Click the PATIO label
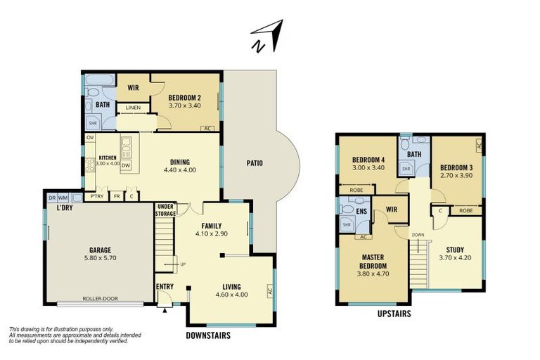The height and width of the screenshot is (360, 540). [x=255, y=163]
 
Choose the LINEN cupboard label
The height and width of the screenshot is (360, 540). [x=134, y=108]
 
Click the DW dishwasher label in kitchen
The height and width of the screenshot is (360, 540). [x=126, y=166]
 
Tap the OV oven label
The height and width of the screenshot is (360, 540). [x=90, y=138]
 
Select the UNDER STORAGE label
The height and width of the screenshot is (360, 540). [x=165, y=210]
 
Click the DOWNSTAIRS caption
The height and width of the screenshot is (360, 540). [x=207, y=335]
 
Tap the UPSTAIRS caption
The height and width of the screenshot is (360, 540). [x=393, y=314]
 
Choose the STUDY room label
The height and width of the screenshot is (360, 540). [x=455, y=249]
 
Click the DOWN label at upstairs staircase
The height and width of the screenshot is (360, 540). [x=418, y=235]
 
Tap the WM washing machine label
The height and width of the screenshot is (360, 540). [x=63, y=198]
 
